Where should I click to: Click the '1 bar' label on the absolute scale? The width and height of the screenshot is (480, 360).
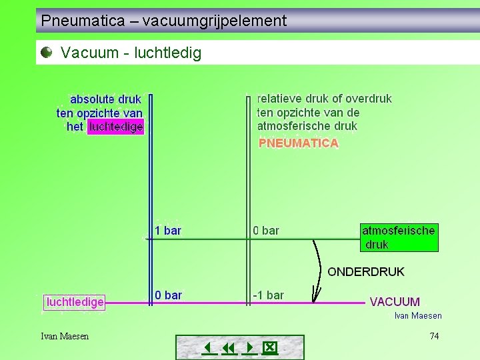tap(167, 231)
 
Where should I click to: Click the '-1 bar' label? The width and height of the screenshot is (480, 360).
tap(268, 295)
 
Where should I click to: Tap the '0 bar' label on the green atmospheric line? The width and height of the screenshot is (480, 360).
tap(266, 231)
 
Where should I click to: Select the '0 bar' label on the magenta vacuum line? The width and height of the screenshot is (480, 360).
tap(168, 295)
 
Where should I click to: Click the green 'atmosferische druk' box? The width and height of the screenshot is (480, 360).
tap(399, 237)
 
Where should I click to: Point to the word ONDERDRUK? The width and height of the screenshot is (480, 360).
tap(365, 272)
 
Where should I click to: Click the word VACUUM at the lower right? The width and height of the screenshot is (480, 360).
tap(395, 302)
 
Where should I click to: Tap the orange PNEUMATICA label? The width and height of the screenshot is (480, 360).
tap(298, 143)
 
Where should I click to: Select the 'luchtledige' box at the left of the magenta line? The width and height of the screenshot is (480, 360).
tap(75, 302)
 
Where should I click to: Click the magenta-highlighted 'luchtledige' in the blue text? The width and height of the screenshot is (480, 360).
tap(116, 127)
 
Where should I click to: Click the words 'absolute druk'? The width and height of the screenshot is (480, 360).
tap(105, 99)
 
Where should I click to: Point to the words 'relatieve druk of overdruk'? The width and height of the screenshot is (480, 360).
tap(324, 99)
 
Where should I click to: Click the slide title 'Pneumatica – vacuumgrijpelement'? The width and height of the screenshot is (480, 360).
tap(163, 21)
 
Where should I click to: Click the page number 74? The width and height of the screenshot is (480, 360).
tap(434, 336)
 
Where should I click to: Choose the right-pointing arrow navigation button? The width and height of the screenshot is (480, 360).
tap(250, 348)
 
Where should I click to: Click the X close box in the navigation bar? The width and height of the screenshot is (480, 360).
tap(269, 348)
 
